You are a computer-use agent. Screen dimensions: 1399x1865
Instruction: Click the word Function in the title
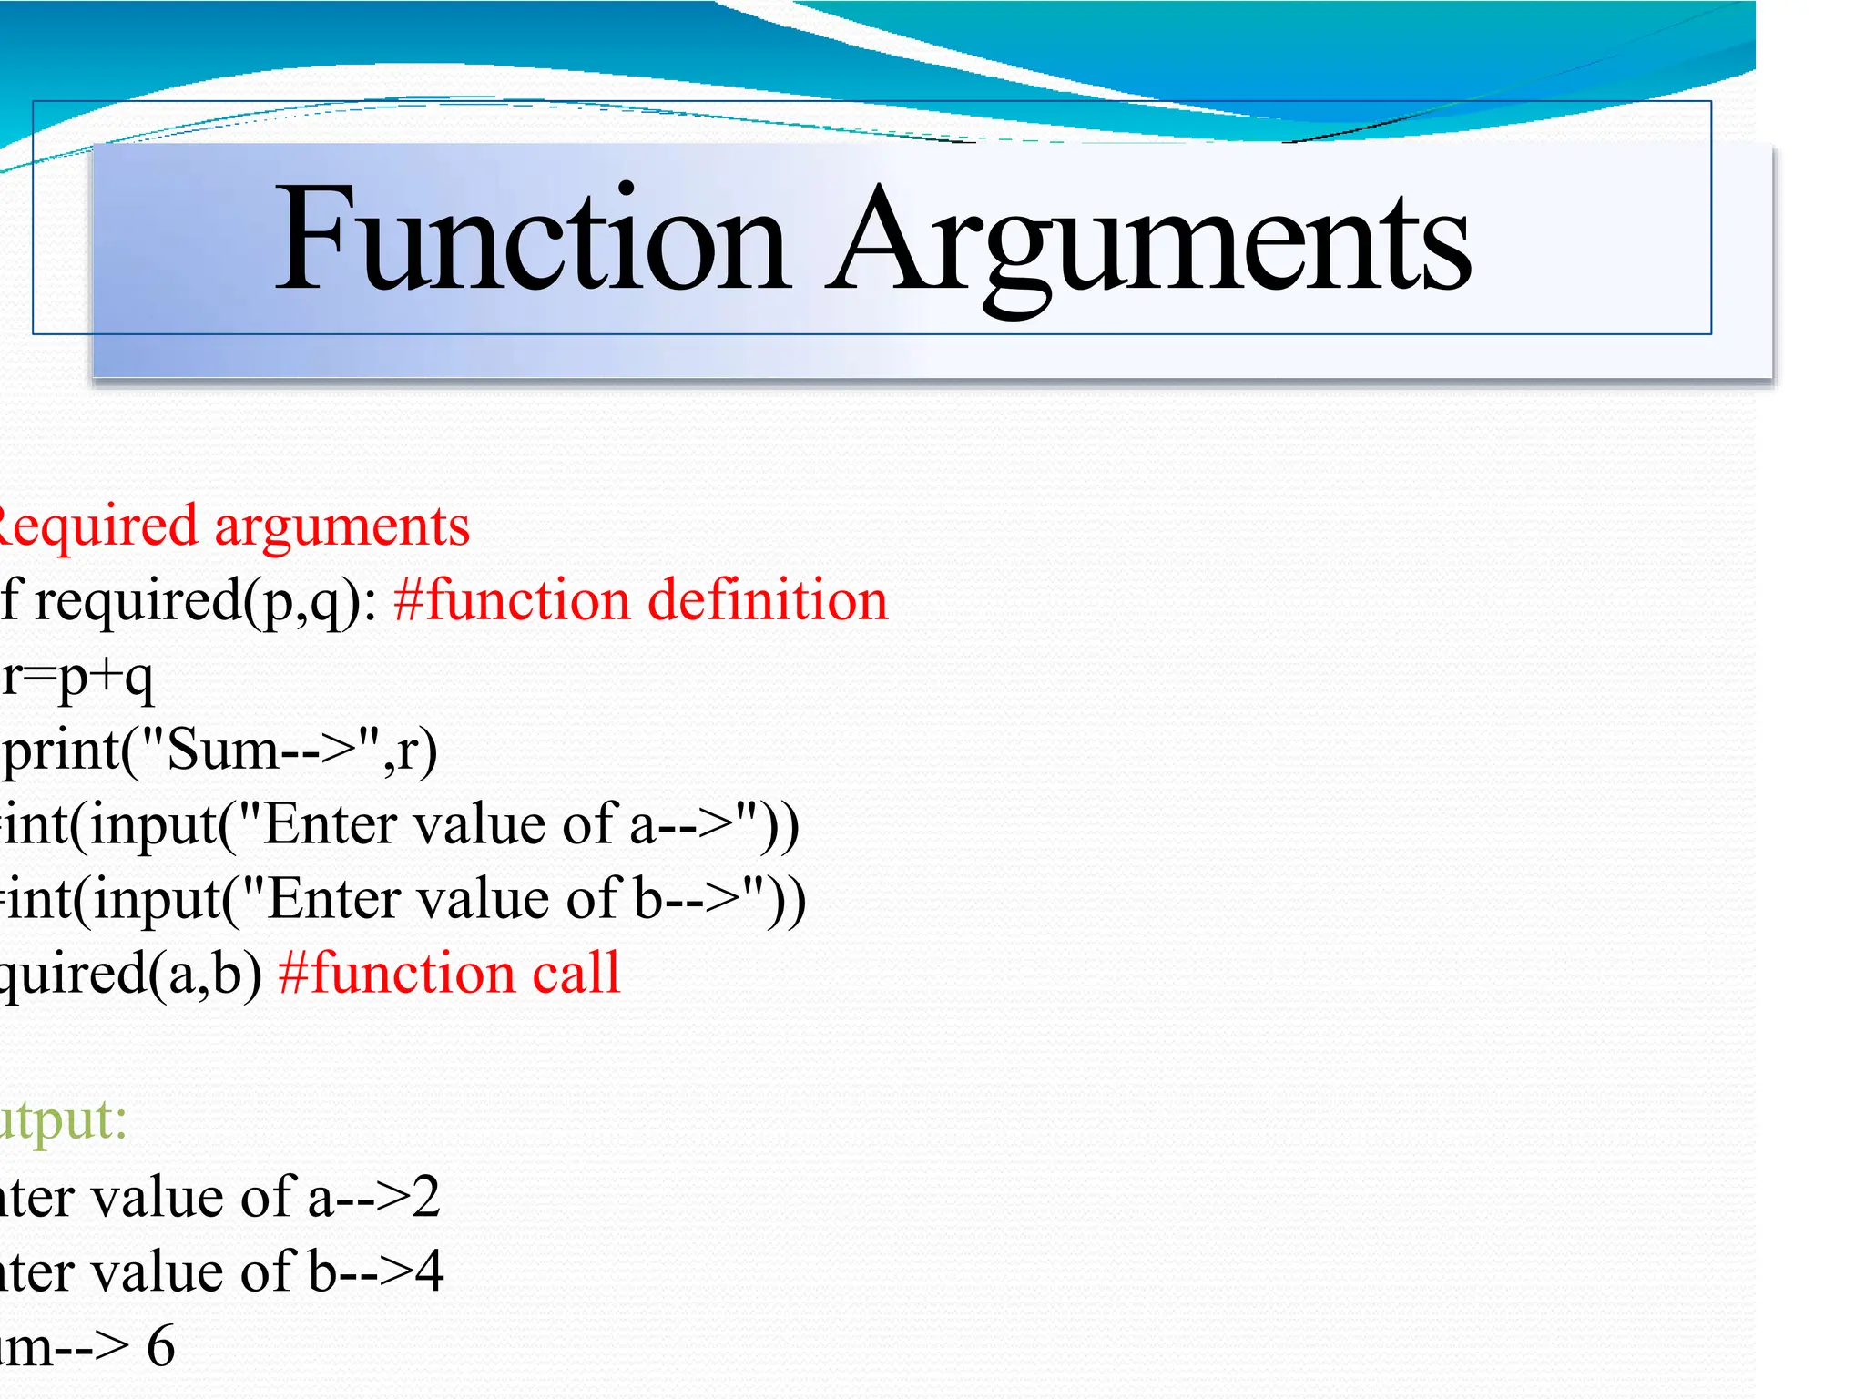(x=533, y=239)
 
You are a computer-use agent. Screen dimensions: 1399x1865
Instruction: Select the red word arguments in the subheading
(x=341, y=526)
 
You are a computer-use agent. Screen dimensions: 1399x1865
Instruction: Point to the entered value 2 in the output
(x=425, y=1197)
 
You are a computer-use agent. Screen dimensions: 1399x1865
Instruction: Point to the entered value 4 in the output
(x=428, y=1271)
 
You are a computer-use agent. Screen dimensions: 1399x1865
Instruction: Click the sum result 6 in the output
(x=161, y=1346)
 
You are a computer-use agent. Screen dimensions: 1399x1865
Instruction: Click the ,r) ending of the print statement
(x=411, y=752)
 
